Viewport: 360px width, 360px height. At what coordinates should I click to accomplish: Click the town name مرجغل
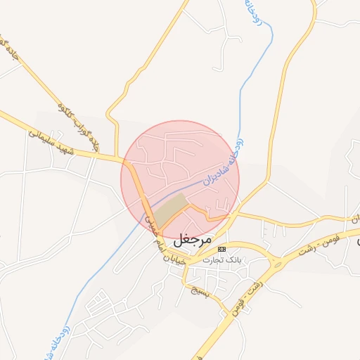pos(192,239)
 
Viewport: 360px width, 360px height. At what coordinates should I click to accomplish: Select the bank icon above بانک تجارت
pos(222,249)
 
